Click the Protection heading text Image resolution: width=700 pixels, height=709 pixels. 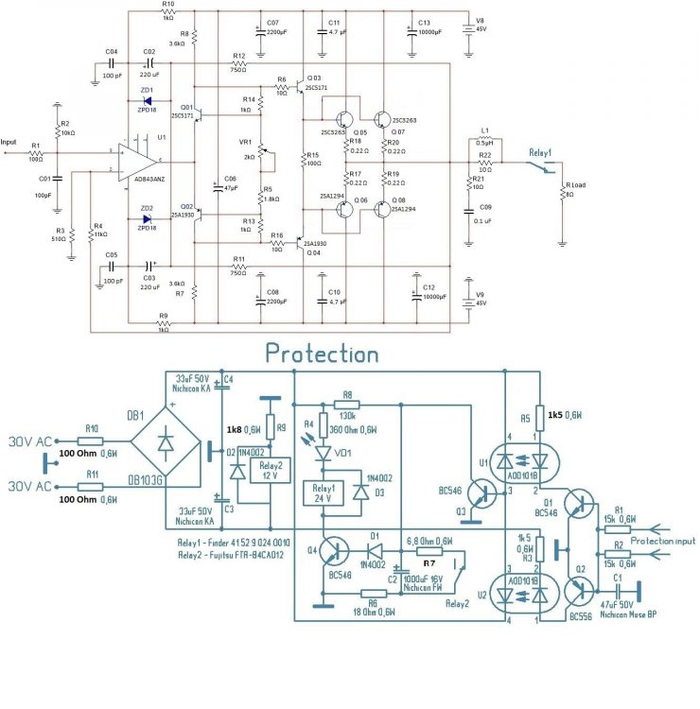coord(322,354)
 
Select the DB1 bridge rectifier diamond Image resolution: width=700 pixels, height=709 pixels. coord(170,453)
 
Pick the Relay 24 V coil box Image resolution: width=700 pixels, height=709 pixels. coord(323,493)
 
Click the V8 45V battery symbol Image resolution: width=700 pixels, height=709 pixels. coord(466,28)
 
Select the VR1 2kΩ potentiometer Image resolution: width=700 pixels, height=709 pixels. coord(261,150)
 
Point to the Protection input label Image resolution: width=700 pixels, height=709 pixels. coord(663,541)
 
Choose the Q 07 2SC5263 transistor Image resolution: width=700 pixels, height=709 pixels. coord(382,120)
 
